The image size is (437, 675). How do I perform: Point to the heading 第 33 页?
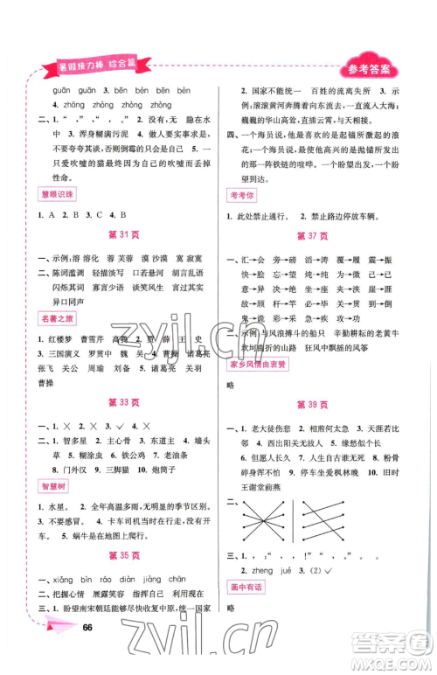pyautogui.click(x=120, y=402)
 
